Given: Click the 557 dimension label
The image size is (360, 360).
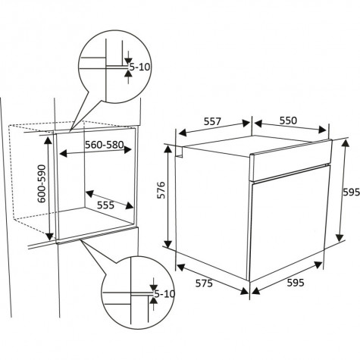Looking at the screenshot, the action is tap(212, 121).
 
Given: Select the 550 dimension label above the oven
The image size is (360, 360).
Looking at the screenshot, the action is tap(288, 121).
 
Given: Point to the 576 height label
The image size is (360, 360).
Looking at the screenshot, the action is tap(161, 190).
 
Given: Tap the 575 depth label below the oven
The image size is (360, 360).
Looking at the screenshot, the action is tap(204, 283).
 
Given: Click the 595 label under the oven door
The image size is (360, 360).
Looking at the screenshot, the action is tap(296, 283).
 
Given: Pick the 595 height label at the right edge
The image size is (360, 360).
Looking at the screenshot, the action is tap(352, 193).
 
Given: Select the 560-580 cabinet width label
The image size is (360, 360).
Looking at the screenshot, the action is tap(104, 145).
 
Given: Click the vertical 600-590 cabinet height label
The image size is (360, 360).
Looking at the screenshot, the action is tap(42, 183).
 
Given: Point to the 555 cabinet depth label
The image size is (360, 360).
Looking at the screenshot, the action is tap(105, 205).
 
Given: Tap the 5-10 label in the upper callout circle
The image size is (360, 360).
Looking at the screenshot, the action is tap(139, 67).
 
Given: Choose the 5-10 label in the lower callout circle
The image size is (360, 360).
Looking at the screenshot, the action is tap(164, 294).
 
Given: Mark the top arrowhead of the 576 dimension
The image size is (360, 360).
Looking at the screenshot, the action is tap(167, 149).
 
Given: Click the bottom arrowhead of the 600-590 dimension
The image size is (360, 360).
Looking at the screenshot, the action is tap(50, 236).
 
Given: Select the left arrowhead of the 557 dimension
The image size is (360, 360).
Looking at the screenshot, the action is tap(182, 133).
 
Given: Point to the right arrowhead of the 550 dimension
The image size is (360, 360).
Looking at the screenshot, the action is tap(323, 130).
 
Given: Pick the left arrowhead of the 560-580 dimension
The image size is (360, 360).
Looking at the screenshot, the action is tap(63, 153).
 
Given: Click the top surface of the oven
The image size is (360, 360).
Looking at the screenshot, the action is tap(255, 146).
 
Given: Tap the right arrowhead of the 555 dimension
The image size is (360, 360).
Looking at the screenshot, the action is tap(130, 205).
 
